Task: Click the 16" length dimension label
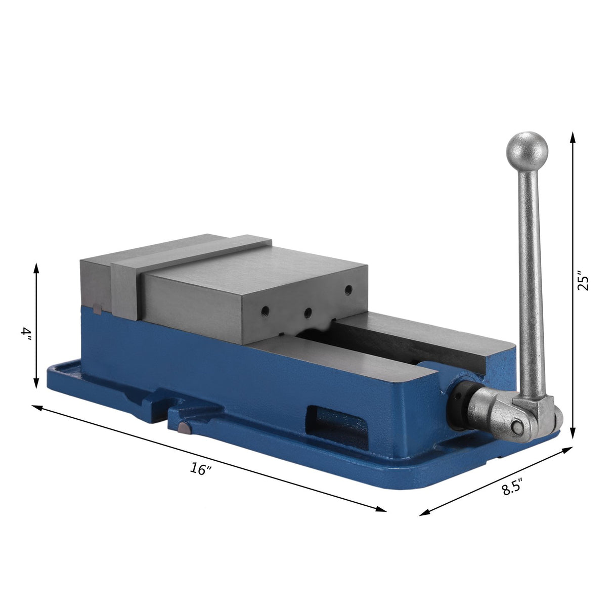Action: pyautogui.click(x=201, y=469)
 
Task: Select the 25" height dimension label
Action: pyautogui.click(x=585, y=283)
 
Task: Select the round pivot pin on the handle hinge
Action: pyautogui.click(x=517, y=427)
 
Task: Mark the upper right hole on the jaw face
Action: pyautogui.click(x=348, y=289)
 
